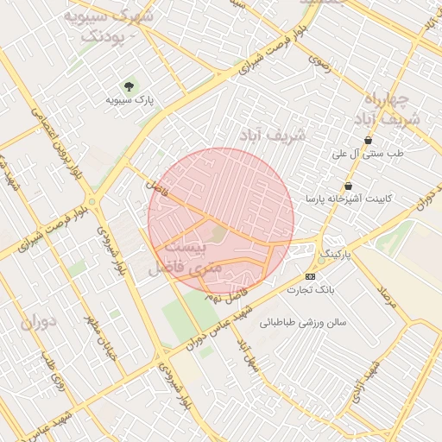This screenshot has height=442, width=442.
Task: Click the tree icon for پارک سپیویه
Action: (x=129, y=85)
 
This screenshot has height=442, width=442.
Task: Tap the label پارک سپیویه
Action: (x=129, y=101)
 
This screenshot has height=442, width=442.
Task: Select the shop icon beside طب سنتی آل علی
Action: (x=369, y=140)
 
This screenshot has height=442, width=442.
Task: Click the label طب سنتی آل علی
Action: (x=369, y=154)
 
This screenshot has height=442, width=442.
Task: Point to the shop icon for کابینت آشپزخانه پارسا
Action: (x=348, y=186)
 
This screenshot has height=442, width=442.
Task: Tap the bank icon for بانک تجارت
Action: (x=311, y=276)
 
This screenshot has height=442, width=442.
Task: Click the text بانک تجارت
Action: (x=311, y=290)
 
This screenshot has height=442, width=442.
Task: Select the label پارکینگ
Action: (x=337, y=256)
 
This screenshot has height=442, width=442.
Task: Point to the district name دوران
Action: (x=37, y=323)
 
